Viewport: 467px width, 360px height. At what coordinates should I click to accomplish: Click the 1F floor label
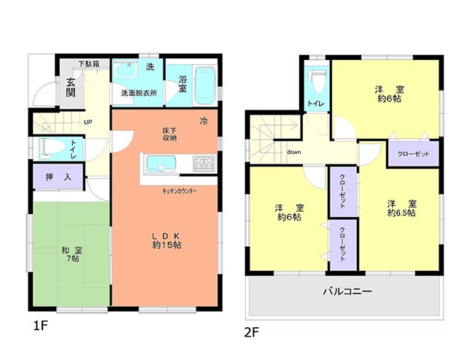click(40, 326)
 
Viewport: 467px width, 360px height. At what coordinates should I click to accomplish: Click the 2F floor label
click(252, 332)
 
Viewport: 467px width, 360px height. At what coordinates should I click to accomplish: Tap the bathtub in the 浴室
click(205, 85)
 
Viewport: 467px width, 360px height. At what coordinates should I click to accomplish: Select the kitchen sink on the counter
click(160, 164)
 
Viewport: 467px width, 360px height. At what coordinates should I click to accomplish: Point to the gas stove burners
click(204, 164)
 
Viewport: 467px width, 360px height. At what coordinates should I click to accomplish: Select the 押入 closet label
click(58, 177)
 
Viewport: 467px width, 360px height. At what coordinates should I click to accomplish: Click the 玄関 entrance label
click(71, 88)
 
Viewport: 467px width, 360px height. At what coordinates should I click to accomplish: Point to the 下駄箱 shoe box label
click(89, 64)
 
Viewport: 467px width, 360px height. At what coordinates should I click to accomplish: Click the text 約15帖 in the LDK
click(167, 245)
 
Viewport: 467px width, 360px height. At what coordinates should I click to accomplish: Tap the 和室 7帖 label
click(72, 254)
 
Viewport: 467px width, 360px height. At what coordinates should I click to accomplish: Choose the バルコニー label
click(347, 291)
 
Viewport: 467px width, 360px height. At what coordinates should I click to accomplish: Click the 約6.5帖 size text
click(401, 212)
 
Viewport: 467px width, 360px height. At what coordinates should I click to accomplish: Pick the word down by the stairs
click(294, 152)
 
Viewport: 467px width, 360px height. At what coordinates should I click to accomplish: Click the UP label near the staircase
click(88, 122)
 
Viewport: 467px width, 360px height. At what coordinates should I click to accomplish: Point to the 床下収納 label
click(170, 134)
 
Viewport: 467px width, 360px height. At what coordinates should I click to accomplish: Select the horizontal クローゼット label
click(414, 154)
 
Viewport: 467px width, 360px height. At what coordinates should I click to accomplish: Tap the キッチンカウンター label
click(180, 191)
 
